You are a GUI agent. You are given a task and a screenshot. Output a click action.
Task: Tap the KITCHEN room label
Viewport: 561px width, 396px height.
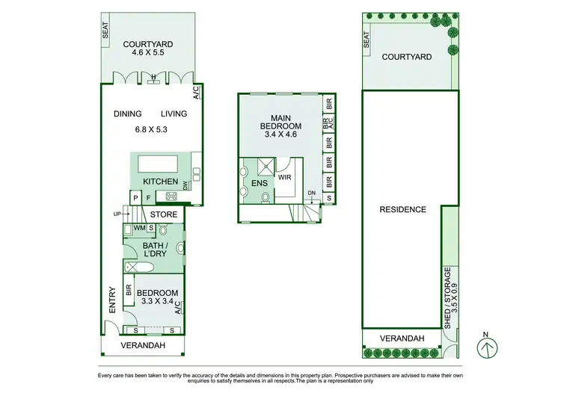pyautogui.click(x=160, y=182)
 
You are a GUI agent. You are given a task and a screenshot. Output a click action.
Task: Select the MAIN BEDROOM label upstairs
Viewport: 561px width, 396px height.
pyautogui.click(x=280, y=121)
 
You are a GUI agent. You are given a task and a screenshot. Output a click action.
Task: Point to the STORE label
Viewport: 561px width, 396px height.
pyautogui.click(x=164, y=214)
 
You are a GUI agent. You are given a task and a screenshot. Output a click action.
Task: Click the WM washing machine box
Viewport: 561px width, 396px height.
pyautogui.click(x=139, y=228)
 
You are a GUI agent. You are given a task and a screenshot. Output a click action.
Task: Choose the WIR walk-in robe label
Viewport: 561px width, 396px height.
pyautogui.click(x=283, y=178)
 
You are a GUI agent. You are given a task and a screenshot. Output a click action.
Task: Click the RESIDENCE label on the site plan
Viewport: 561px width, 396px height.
pyautogui.click(x=402, y=210)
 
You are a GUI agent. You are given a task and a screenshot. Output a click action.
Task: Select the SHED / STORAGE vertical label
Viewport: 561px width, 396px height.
pyautogui.click(x=448, y=298)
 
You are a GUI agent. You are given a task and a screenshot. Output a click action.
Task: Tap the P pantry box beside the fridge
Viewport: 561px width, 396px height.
pyautogui.click(x=135, y=198)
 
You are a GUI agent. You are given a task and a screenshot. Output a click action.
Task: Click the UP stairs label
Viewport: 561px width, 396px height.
pyautogui.click(x=117, y=214)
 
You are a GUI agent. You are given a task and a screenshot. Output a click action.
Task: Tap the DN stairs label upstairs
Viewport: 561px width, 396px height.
pyautogui.click(x=310, y=194)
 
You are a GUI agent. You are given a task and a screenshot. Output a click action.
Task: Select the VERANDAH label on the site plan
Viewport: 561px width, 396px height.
pyautogui.click(x=402, y=338)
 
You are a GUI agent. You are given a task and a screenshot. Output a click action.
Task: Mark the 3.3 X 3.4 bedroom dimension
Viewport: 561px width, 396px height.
pyautogui.click(x=157, y=303)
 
